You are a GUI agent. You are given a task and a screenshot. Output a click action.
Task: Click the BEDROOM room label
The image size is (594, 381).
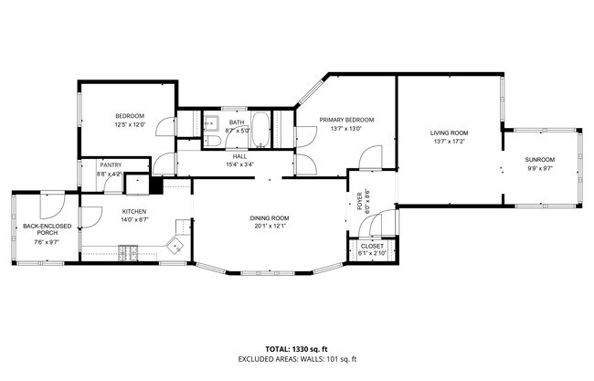point(129,115)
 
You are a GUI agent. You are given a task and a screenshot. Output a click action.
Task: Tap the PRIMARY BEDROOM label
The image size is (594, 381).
point(346,120)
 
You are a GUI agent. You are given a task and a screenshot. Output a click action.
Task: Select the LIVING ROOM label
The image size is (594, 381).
point(449,133)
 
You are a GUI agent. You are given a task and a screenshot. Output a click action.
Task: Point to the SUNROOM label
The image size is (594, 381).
point(539,160)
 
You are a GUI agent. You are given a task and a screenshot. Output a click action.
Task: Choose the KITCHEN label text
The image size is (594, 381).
point(134,211)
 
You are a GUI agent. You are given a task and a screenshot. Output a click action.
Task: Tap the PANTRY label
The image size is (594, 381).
point(111,164)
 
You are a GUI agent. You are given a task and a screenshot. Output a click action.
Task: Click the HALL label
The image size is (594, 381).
point(239,156)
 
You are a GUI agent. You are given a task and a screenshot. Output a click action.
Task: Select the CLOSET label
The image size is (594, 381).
point(372,246)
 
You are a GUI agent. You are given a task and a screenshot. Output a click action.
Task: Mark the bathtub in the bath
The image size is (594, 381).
point(260,129)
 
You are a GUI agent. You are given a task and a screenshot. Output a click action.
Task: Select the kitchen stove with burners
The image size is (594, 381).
point(130,251)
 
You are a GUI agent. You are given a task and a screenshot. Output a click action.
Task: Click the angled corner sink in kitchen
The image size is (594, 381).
point(174,243)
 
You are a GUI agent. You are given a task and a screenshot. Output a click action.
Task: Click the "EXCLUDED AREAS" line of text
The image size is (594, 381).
point(296,360)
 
